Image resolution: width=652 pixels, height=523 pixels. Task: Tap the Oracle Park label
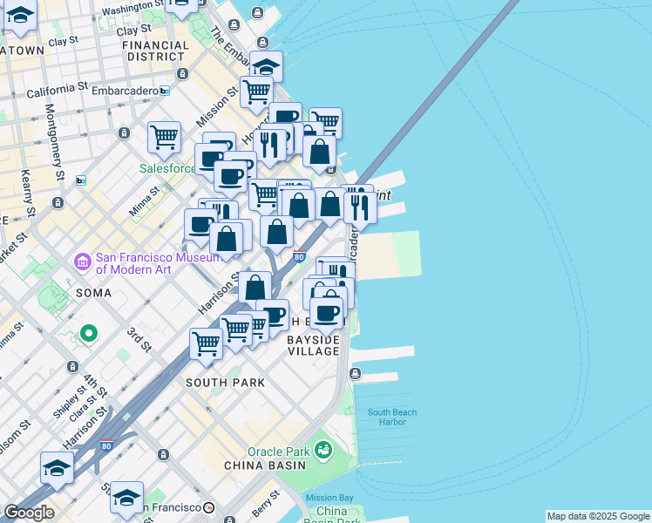[x=278, y=452]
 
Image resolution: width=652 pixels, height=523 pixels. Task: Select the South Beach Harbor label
[x=391, y=418]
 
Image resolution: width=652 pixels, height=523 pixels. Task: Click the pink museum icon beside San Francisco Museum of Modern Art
[x=83, y=261]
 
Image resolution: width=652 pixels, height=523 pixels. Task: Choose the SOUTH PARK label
[x=225, y=382]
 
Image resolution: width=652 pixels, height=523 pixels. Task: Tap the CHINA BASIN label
[x=276, y=465]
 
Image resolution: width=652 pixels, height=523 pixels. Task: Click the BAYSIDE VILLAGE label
[x=314, y=344]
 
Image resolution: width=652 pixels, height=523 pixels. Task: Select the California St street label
[x=57, y=90]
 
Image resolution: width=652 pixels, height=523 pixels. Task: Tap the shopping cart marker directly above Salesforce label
[x=164, y=137]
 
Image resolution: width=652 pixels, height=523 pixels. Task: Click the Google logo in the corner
[x=29, y=513]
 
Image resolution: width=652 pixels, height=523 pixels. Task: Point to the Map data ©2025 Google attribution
[x=598, y=516]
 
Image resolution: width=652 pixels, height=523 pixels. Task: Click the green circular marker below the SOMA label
[x=88, y=333]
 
